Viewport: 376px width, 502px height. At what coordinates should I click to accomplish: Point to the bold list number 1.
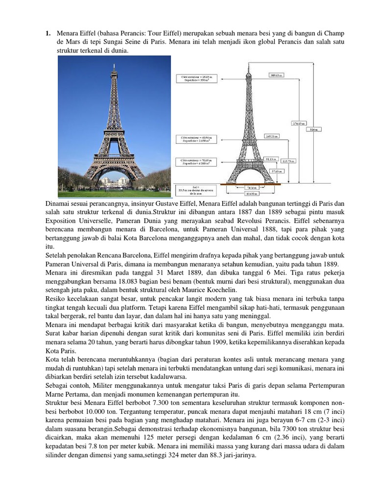click(48, 33)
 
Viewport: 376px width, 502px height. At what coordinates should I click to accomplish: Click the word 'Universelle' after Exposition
click(69, 221)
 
